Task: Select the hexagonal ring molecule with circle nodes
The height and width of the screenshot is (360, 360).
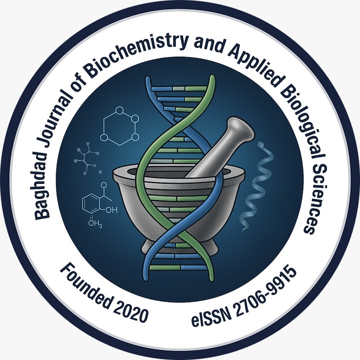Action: [119, 126]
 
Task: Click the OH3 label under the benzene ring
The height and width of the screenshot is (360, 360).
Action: [95, 223]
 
